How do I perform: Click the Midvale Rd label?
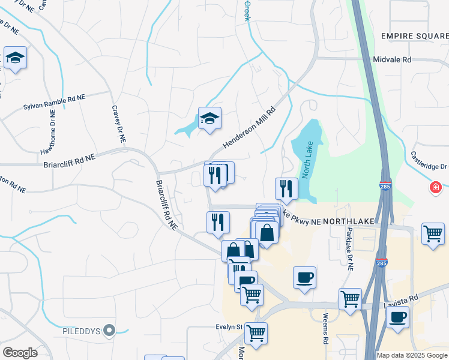point(392,60)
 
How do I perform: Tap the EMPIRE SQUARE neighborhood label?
point(415,36)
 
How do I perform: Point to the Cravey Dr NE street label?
point(118,124)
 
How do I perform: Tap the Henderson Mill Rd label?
point(249,127)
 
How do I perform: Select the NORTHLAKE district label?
point(349,221)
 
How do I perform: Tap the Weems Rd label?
point(325,329)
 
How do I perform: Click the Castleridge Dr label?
point(429,159)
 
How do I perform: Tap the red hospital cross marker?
point(435,188)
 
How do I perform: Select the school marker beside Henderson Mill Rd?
point(209,118)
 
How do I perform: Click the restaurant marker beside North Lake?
point(286,188)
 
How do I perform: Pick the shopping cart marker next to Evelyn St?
point(256,332)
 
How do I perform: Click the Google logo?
point(20,353)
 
